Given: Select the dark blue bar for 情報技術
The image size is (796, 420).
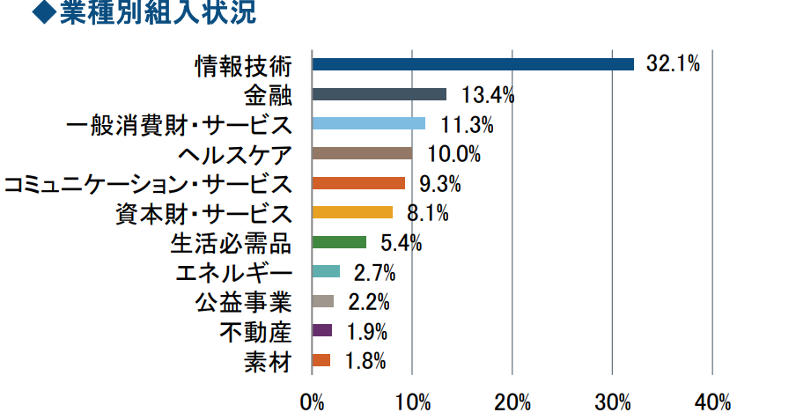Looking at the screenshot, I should (473, 64).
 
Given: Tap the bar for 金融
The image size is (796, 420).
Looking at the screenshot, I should (379, 94).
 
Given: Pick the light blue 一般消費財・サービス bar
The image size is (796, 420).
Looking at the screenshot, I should (368, 124).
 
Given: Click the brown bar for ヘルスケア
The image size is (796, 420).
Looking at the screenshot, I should (362, 153).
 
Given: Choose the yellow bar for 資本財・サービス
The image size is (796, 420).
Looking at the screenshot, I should (352, 212).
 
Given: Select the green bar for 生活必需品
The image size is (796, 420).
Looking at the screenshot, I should (339, 242).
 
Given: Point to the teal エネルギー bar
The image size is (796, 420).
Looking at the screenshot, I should (326, 271).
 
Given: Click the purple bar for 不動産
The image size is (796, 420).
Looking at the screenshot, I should (322, 331).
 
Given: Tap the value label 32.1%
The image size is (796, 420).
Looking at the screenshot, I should (672, 63).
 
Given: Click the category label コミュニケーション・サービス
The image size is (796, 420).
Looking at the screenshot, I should (147, 184).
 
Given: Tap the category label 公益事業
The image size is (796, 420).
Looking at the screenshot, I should (242, 302).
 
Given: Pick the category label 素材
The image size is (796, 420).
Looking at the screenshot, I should (267, 361).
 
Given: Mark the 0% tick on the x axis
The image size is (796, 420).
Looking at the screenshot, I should (313, 403).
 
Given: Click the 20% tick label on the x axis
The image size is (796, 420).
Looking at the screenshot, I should (512, 403).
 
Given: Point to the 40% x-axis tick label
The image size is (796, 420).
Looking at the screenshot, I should (712, 403).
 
